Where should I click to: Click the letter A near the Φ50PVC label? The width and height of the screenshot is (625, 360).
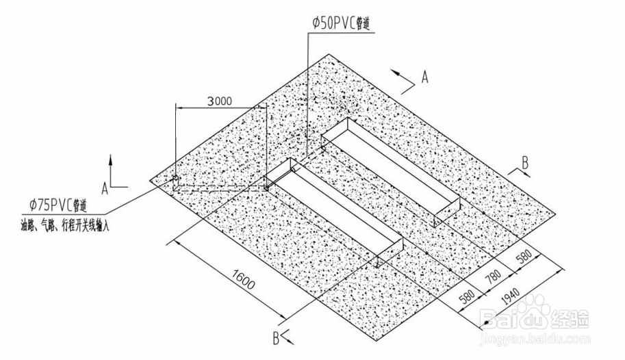[x=424, y=77]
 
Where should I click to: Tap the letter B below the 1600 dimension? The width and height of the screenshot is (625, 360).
[x=277, y=337]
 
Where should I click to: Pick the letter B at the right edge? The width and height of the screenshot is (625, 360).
[x=525, y=163]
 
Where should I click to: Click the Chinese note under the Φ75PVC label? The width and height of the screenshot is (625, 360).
[x=66, y=224]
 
